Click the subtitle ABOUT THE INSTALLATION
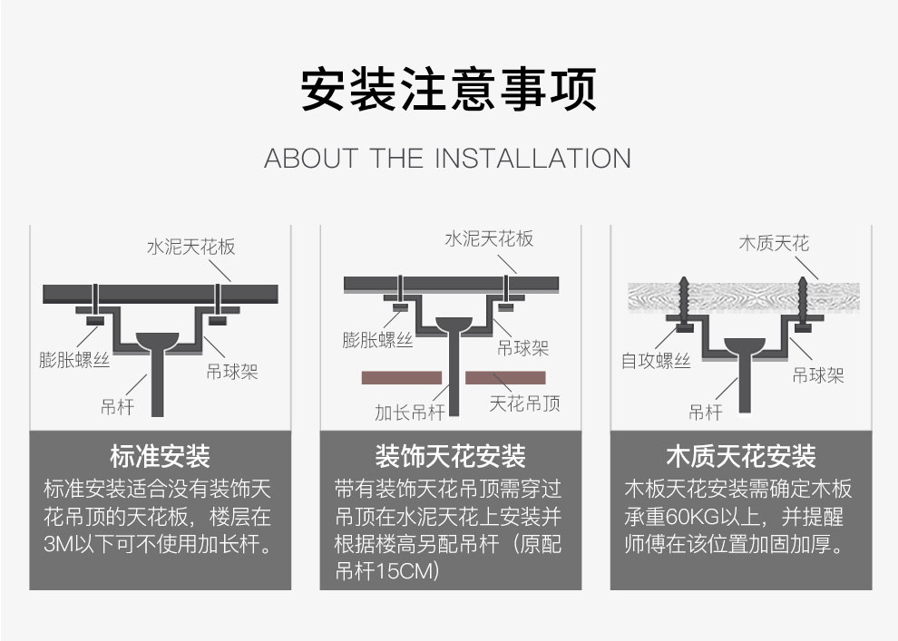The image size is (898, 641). [x=447, y=158]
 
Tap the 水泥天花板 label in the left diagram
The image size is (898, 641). [x=191, y=247]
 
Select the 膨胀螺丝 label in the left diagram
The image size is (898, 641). [x=74, y=360]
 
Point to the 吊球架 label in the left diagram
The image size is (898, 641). [x=231, y=372]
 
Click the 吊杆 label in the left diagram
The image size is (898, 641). [x=117, y=406]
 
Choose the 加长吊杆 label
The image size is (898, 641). [x=410, y=413]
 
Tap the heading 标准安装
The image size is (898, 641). [x=160, y=456]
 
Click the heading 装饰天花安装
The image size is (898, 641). [x=450, y=456]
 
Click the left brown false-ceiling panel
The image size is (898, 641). [x=401, y=377]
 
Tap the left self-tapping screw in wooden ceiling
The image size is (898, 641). [x=681, y=297]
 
